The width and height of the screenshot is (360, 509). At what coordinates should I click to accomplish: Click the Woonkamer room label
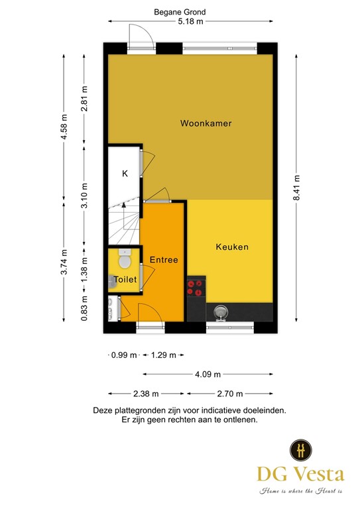click(x=206, y=123)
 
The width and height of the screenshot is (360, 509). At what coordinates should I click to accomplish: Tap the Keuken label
click(x=232, y=247)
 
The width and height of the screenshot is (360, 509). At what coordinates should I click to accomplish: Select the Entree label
click(x=164, y=260)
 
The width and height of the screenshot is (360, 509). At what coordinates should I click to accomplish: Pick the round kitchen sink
click(x=221, y=313)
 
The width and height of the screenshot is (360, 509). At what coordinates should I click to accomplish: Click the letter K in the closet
click(x=125, y=174)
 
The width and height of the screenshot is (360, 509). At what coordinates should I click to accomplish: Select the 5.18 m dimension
click(x=190, y=21)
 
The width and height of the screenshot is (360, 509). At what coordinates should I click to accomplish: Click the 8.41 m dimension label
click(x=296, y=188)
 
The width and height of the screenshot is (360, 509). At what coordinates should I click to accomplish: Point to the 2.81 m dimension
click(x=84, y=98)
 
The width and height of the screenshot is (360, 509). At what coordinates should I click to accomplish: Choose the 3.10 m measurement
click(x=84, y=196)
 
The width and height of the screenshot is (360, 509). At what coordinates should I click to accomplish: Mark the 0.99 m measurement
click(x=124, y=355)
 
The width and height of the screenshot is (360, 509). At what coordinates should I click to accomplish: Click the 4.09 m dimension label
click(x=208, y=374)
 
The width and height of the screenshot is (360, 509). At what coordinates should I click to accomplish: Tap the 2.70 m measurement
click(x=230, y=394)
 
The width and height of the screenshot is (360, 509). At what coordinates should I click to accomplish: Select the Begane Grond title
click(x=180, y=12)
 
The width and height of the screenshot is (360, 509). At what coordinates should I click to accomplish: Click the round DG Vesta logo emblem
click(x=301, y=450)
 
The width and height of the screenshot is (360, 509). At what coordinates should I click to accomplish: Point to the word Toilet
click(x=125, y=280)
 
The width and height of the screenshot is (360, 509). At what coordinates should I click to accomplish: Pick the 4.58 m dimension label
click(x=64, y=127)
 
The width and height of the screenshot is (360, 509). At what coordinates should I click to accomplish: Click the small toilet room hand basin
click(x=112, y=282)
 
